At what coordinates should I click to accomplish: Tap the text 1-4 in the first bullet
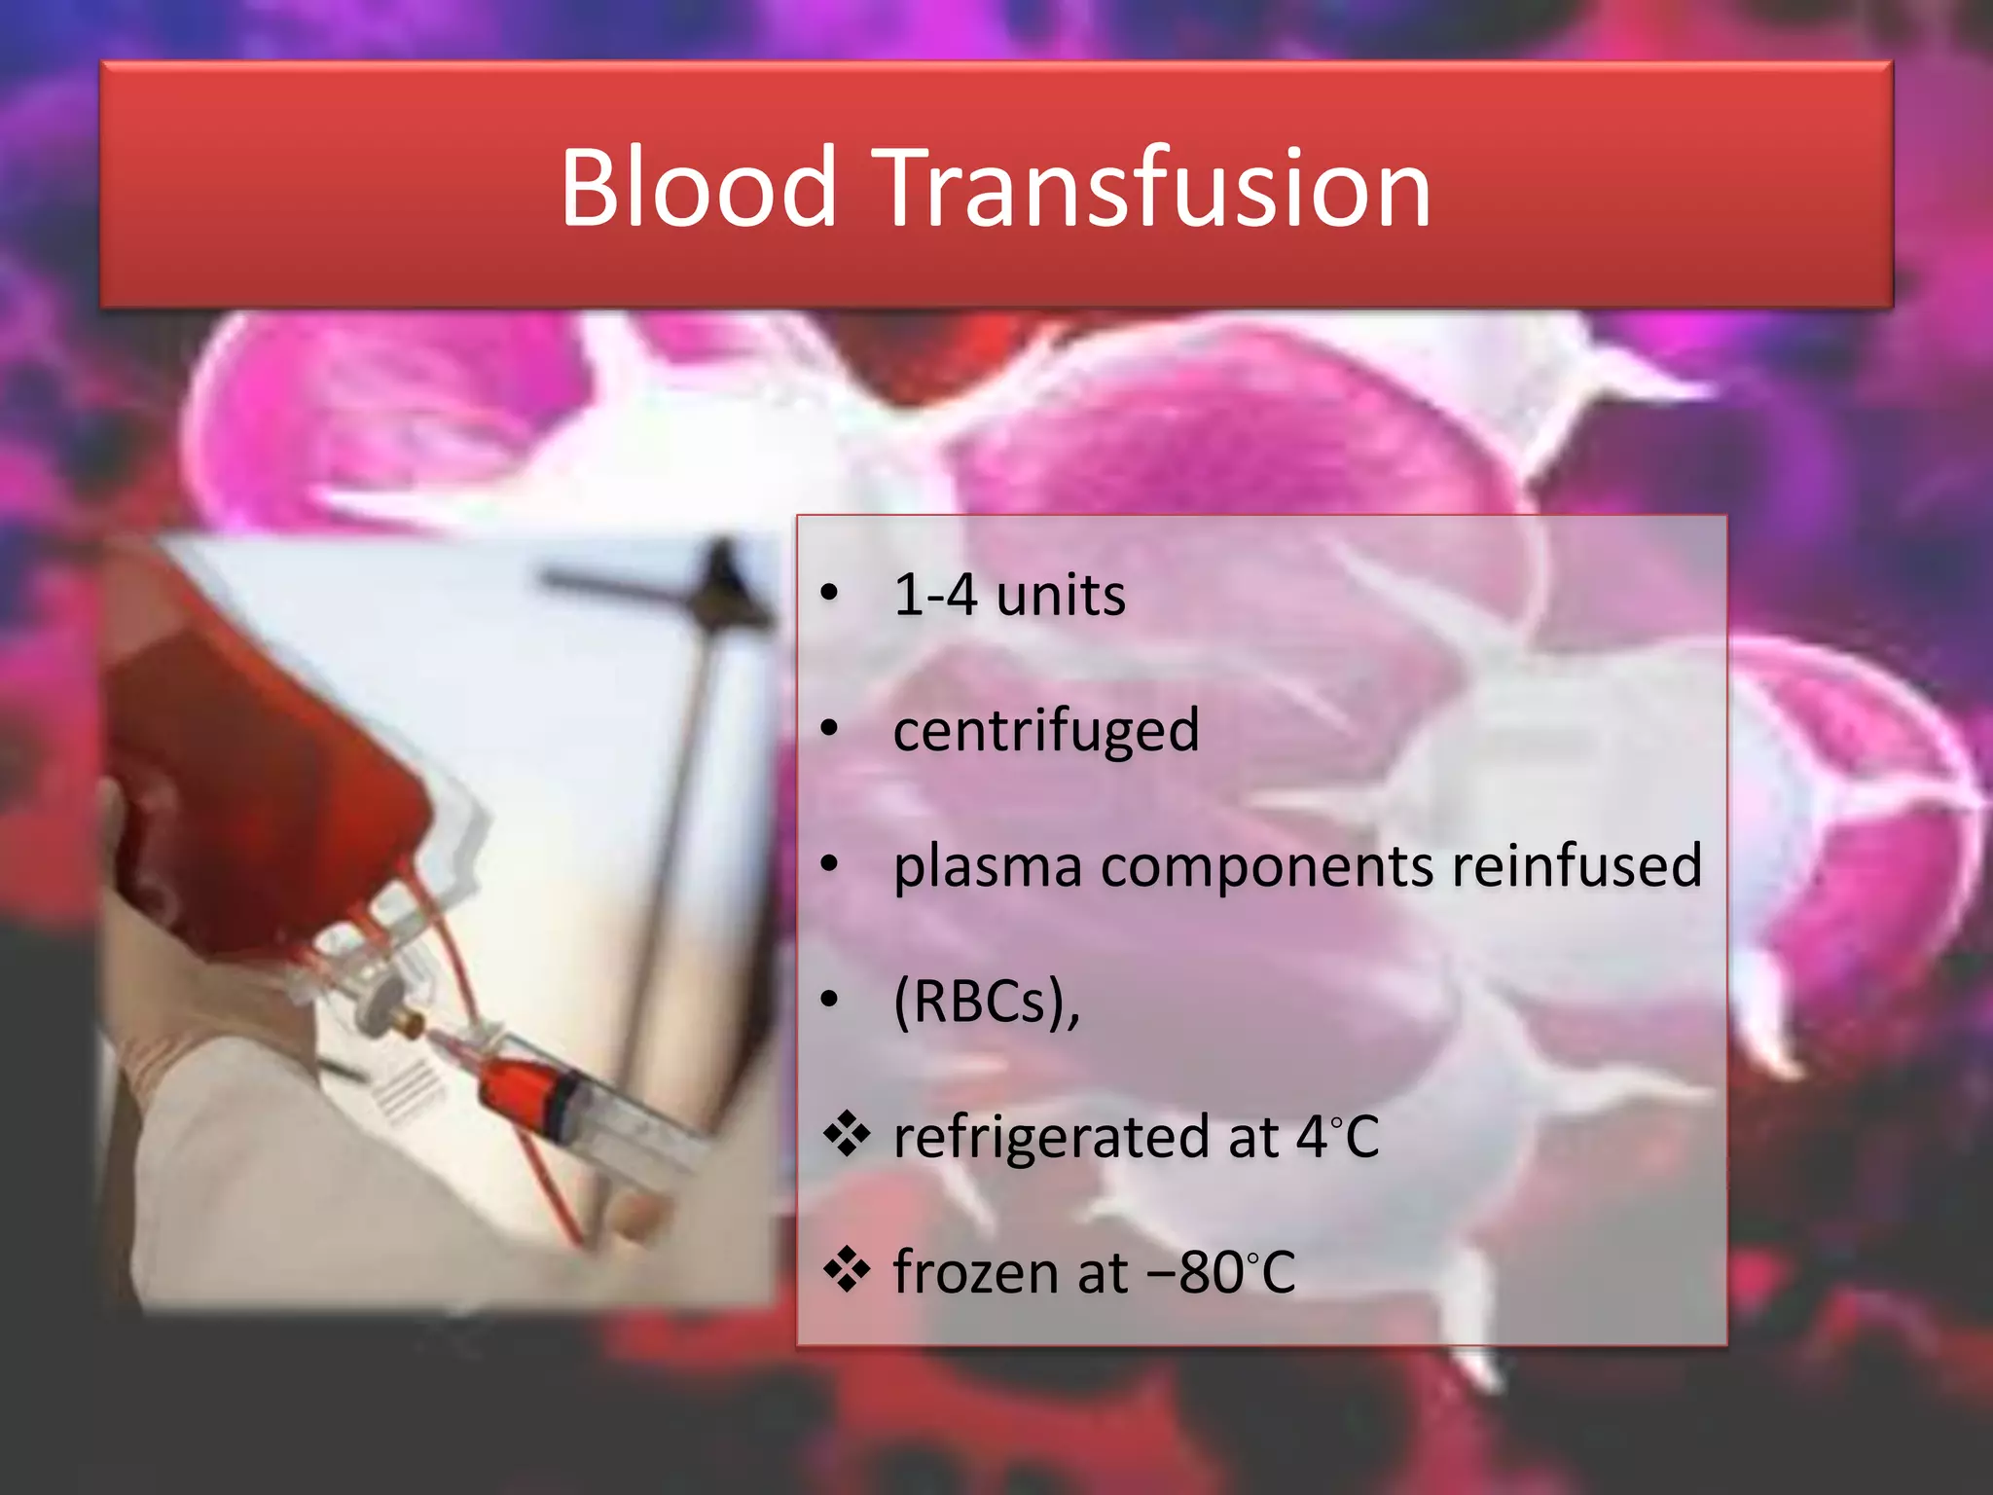pos(935,595)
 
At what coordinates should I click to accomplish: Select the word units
pos(1061,595)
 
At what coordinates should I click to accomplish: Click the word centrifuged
pos(1046,732)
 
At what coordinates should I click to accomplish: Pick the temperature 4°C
pos(1337,1137)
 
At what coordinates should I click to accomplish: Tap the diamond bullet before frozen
pos(846,1271)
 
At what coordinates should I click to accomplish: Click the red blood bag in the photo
pos(253,779)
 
